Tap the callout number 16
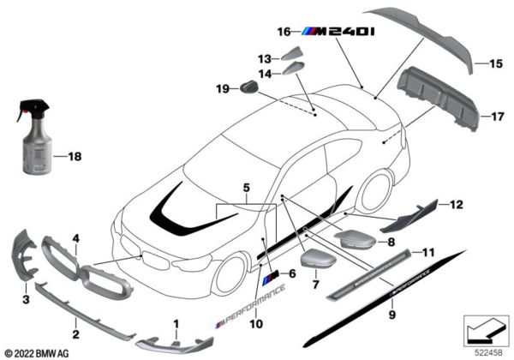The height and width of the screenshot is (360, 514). [x=284, y=32]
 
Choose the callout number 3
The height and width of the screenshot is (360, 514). [x=26, y=300]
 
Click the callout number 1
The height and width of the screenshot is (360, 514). [x=177, y=323]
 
